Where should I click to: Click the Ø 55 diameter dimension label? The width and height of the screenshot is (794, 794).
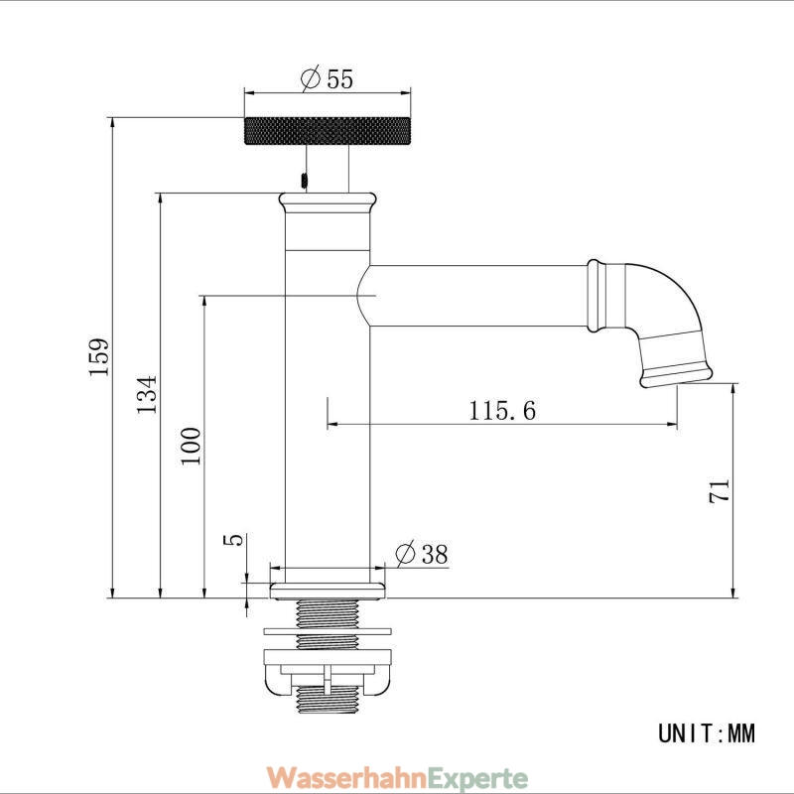(327, 78)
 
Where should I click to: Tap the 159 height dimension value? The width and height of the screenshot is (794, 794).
(98, 357)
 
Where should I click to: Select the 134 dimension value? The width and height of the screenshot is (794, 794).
(147, 394)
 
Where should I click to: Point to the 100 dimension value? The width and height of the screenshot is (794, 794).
(191, 446)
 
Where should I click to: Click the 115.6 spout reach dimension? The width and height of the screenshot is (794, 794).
(502, 410)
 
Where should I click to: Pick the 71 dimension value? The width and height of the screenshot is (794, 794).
(719, 490)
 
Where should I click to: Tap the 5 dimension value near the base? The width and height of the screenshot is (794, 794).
(233, 540)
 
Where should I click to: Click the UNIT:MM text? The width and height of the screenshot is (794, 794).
(707, 732)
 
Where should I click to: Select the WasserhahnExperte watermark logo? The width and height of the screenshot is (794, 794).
(397, 776)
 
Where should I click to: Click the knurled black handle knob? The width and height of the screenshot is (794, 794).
(328, 131)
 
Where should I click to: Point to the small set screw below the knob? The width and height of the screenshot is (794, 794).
(305, 181)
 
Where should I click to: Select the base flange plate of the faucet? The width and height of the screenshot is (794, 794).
(328, 591)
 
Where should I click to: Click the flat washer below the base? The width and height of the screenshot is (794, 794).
(328, 631)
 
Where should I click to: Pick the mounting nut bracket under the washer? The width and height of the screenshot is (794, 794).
(328, 671)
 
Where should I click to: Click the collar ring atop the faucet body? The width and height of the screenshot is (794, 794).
(328, 202)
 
